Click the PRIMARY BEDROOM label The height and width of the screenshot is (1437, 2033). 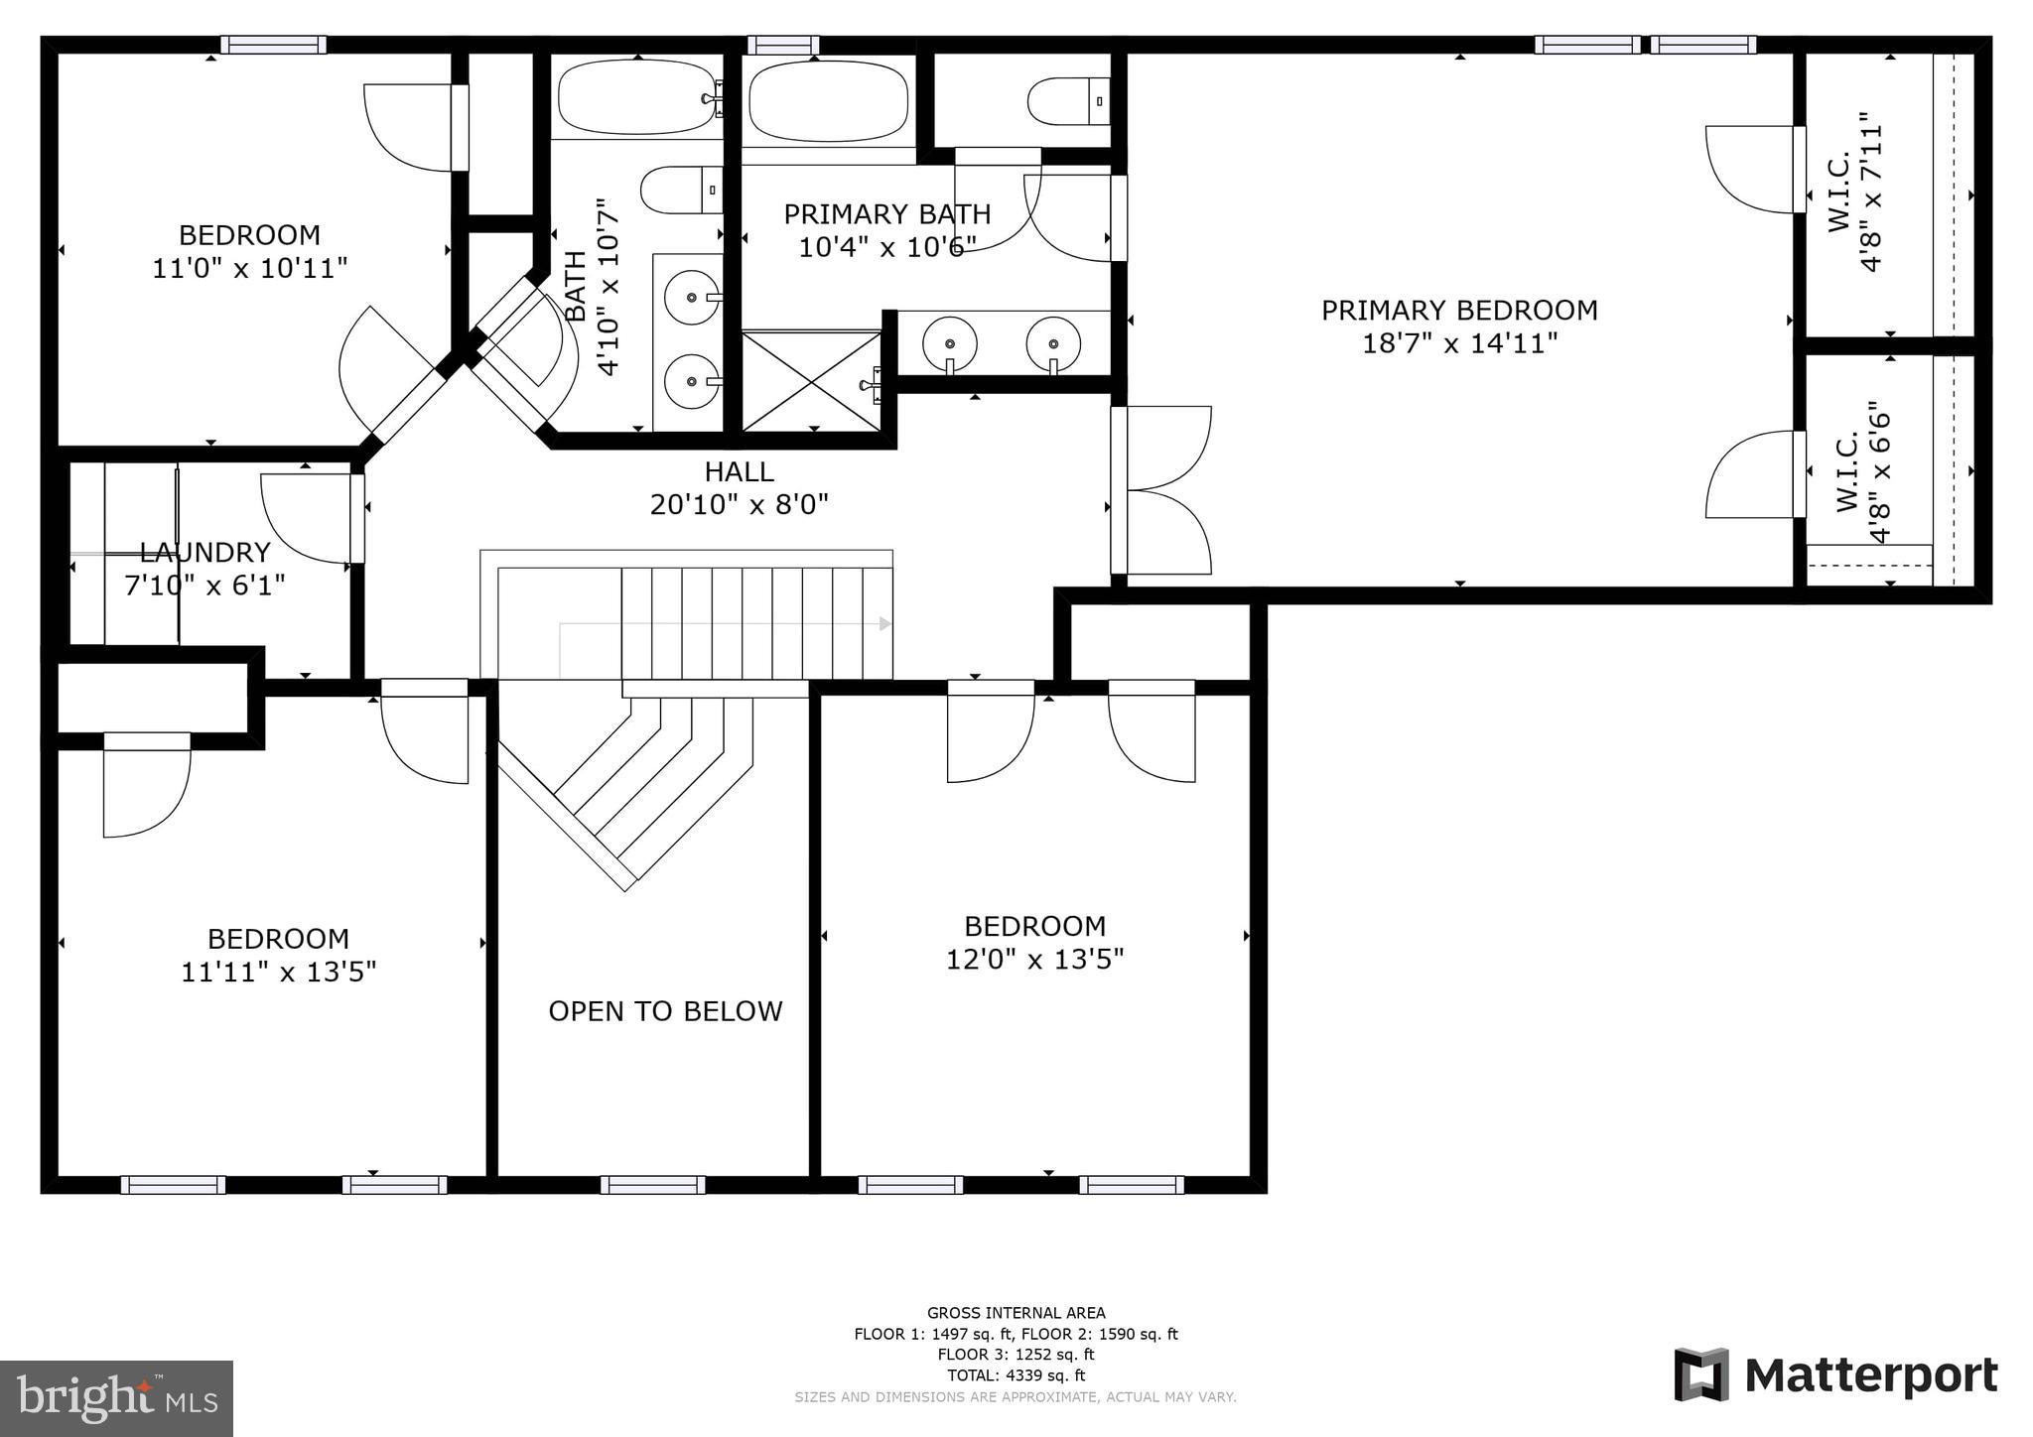pos(1458,326)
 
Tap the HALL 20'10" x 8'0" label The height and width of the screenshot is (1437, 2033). pos(739,488)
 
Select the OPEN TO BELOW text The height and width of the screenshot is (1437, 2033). pos(665,1011)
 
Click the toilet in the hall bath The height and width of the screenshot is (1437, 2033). pos(681,190)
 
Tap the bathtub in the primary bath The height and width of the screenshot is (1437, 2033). pos(828,101)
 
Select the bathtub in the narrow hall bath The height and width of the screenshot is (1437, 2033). pos(635,98)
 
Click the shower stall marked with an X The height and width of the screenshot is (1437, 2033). pos(811,381)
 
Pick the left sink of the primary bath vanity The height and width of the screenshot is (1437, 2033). pos(949,343)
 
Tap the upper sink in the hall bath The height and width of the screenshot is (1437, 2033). pos(691,296)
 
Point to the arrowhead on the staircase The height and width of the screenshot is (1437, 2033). pos(884,624)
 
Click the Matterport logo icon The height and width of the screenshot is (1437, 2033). pos(1700,1374)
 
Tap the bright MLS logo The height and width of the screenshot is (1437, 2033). pos(116,1398)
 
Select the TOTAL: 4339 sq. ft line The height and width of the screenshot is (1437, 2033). pos(1016,1375)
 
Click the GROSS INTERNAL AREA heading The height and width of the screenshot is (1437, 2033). pos(1016,1313)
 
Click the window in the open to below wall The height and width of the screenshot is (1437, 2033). pos(652,1185)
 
